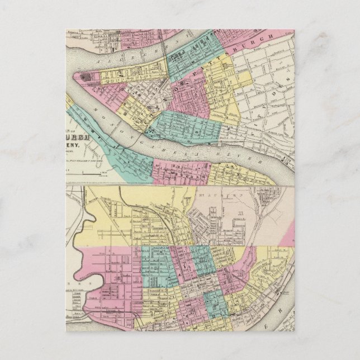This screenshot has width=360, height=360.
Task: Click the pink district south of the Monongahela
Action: [x=179, y=170]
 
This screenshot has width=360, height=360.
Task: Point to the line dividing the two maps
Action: [x=179, y=186]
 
